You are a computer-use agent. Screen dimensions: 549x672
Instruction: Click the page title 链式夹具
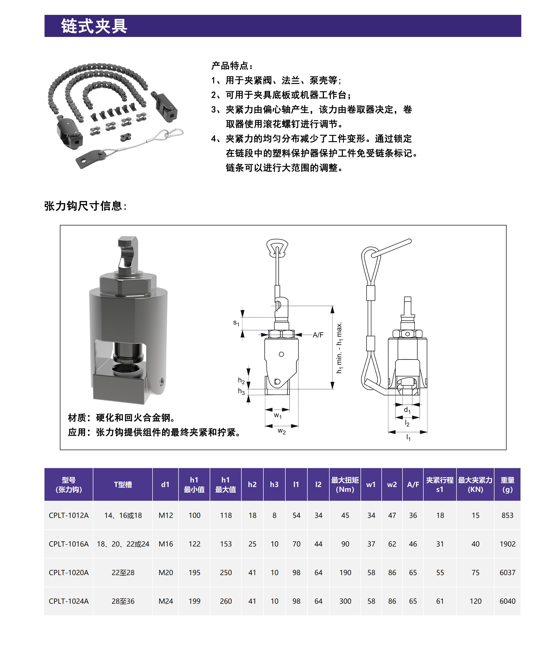[x=94, y=26]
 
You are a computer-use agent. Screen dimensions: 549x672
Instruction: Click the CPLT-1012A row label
[x=69, y=515]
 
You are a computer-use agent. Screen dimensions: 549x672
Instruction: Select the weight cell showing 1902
[x=507, y=544]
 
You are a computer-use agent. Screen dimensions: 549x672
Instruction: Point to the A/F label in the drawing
[x=318, y=335]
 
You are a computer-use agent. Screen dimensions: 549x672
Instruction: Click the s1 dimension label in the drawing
[x=236, y=323]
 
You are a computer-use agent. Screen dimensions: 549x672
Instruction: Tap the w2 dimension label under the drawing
[x=281, y=431]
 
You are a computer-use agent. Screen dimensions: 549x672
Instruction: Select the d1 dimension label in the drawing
[x=407, y=410]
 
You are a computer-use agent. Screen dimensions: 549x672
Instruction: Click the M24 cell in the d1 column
[x=166, y=601]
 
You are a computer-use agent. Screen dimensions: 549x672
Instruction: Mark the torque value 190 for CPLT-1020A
[x=345, y=573]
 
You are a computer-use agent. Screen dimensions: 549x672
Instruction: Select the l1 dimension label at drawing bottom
[x=408, y=438]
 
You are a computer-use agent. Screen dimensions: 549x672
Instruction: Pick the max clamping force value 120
[x=475, y=601]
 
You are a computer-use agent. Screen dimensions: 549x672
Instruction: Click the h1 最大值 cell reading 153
[x=226, y=544]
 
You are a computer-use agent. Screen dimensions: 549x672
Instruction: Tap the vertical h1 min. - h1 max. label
[x=339, y=347]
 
